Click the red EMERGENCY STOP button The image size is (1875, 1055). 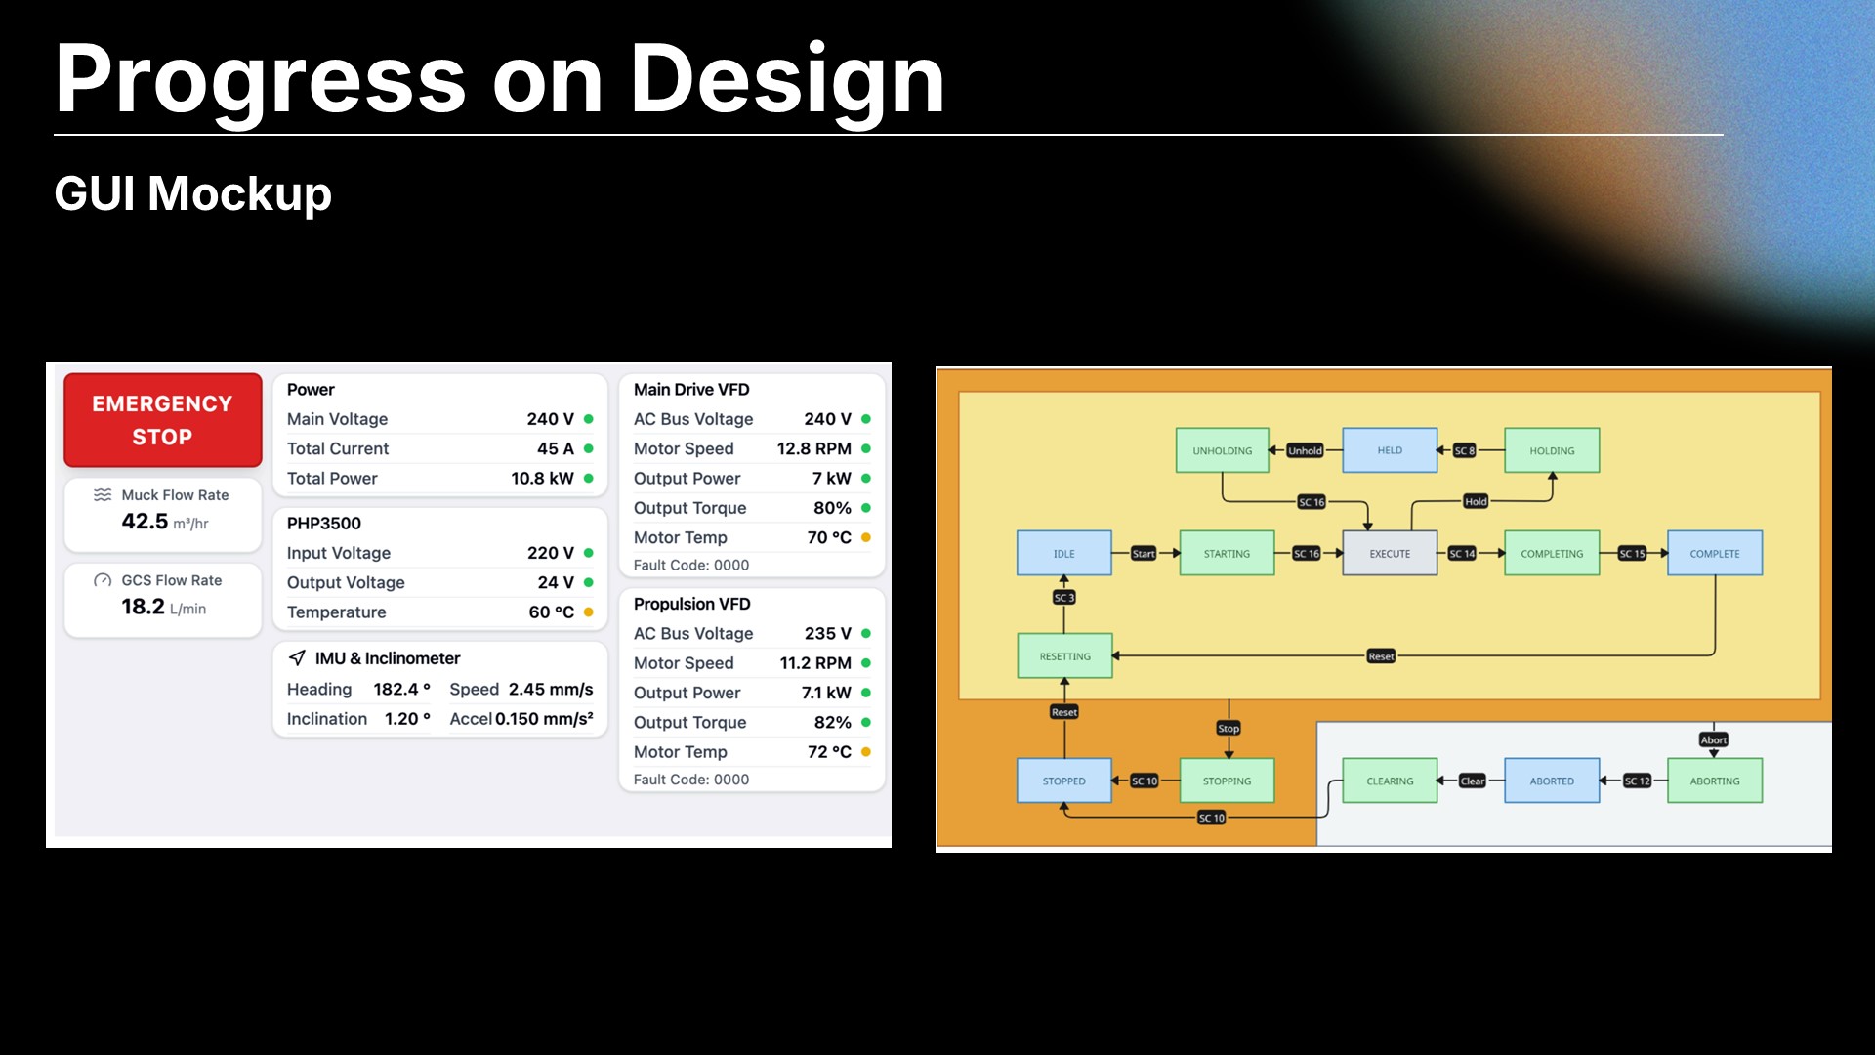tap(163, 420)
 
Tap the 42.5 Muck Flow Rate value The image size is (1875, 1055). tap(145, 522)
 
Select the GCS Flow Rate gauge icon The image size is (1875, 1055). tap(103, 580)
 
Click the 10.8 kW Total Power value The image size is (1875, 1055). tap(542, 479)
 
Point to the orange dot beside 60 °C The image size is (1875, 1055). tap(589, 612)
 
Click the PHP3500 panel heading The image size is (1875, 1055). tap(324, 524)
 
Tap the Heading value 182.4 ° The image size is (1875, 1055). tap(401, 690)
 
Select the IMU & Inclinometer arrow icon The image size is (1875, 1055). tap(298, 658)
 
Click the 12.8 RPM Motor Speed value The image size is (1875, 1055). tap(814, 449)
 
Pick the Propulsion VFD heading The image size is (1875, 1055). tap(692, 605)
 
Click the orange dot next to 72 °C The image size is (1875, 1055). tap(866, 752)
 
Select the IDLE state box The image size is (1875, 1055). tap(1064, 554)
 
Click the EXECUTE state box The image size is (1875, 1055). tap(1390, 554)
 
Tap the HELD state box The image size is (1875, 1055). tap(1390, 451)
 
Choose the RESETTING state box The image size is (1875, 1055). tap(1065, 656)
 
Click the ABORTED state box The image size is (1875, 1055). tap(1552, 781)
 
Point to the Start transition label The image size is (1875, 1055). tap(1144, 554)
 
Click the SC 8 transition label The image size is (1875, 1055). tap(1464, 451)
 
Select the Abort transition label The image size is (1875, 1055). tap(1714, 740)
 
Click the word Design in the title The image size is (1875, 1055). tap(787, 80)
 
